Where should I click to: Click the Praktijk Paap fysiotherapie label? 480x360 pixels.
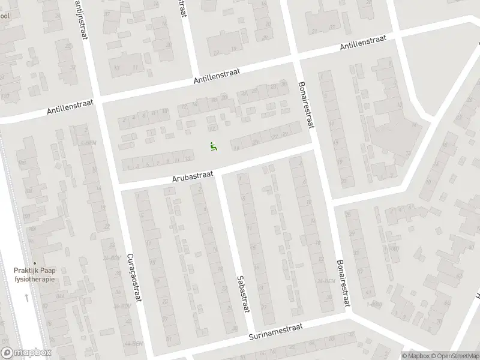pyautogui.click(x=34, y=275)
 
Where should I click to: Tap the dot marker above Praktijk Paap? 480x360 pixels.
pyautogui.click(x=34, y=263)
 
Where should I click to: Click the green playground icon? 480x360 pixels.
pyautogui.click(x=213, y=145)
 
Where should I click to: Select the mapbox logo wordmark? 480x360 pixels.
pyautogui.click(x=26, y=353)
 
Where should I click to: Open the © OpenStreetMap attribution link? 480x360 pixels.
pyautogui.click(x=455, y=355)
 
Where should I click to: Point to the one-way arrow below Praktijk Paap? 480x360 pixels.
pyautogui.click(x=26, y=297)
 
